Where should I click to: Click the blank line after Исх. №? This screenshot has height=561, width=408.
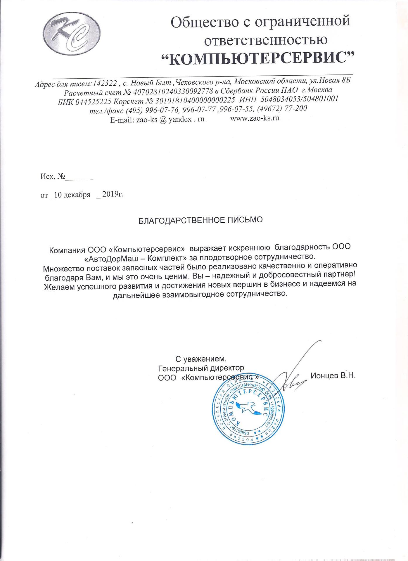[x=78, y=177]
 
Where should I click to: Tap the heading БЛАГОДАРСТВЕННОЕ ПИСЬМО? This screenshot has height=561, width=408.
[x=200, y=220]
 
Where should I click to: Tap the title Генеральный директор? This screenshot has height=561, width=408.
[x=201, y=367]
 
